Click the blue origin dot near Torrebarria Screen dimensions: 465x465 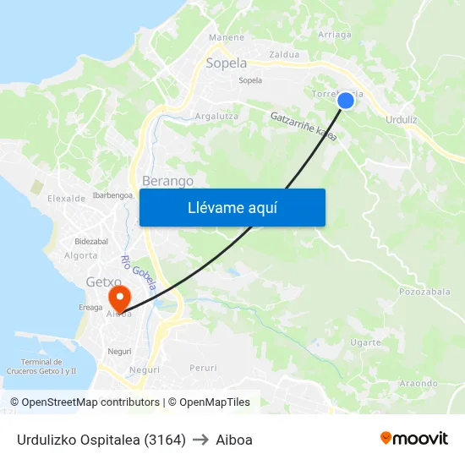[x=346, y=101]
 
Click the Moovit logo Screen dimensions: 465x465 [x=413, y=439]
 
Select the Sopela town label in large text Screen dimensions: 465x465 [x=227, y=63]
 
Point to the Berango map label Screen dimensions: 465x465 [x=167, y=181]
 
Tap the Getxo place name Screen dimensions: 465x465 [x=103, y=282]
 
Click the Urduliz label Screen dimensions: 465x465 [x=401, y=120]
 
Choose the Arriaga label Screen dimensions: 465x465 [x=334, y=35]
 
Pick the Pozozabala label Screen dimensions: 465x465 [x=424, y=292]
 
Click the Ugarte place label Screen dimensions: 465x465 [x=365, y=342]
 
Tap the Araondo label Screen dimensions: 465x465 [x=418, y=383]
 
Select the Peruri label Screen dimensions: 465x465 [x=203, y=368]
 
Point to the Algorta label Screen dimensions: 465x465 [x=81, y=255]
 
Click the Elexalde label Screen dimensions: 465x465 [x=67, y=199]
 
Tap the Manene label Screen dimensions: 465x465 [x=227, y=37]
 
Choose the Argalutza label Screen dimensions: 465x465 [x=216, y=116]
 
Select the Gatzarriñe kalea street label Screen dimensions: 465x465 [x=304, y=127]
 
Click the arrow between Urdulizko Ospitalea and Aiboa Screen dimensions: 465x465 [x=200, y=440]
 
